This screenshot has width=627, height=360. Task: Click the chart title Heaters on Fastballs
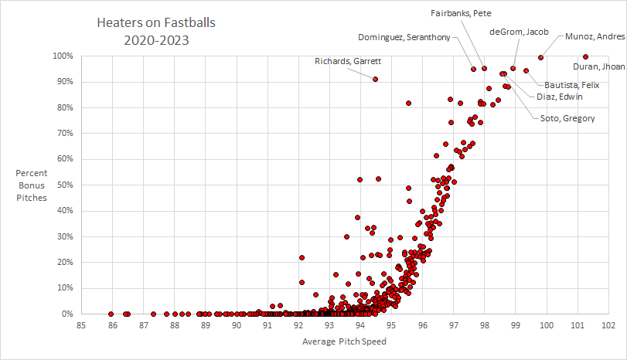click(156, 23)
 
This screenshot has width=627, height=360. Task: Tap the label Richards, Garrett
click(348, 61)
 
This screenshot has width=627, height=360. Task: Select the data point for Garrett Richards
click(375, 79)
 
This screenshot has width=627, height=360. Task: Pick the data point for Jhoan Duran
click(585, 56)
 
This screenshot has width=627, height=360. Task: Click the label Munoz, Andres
click(595, 36)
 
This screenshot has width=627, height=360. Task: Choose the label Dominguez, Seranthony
click(404, 37)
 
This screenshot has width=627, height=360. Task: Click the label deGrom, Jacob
click(519, 32)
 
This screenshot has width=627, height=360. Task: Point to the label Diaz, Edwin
click(560, 97)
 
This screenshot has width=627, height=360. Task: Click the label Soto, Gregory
click(562, 117)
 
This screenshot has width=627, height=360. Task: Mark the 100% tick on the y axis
click(63, 56)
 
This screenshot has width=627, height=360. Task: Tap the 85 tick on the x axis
click(81, 325)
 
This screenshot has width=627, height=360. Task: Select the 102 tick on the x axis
click(608, 325)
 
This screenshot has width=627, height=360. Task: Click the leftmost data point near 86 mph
click(112, 314)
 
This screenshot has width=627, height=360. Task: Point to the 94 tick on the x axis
click(360, 325)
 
